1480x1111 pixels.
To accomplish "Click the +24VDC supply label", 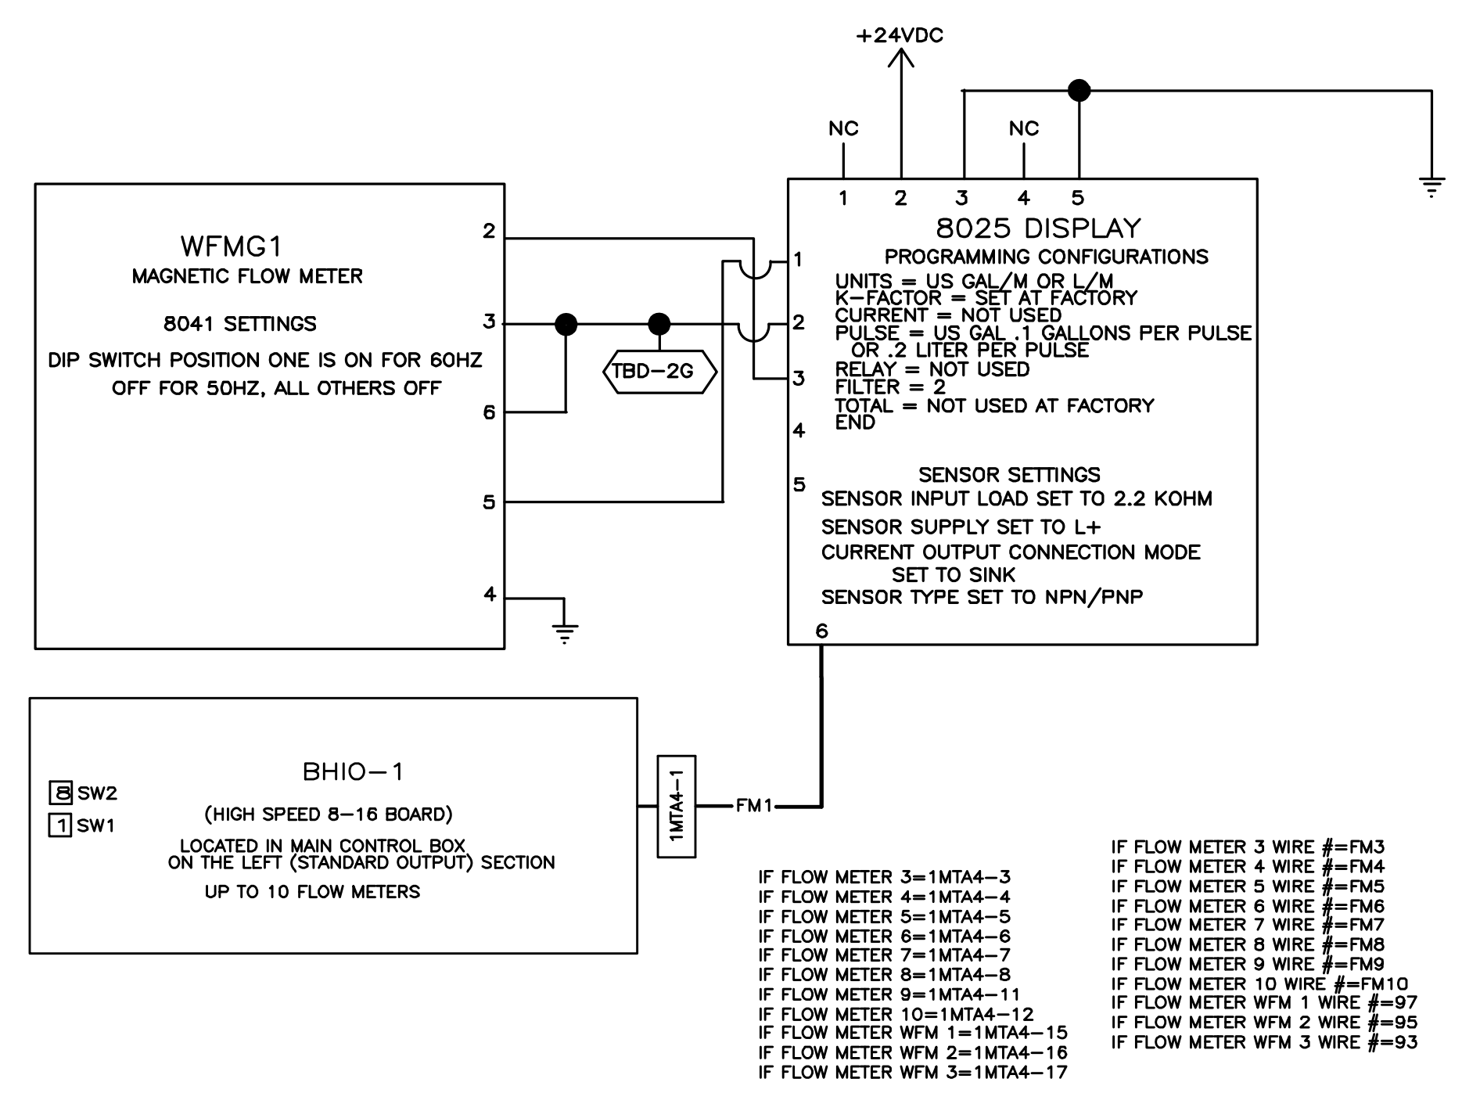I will [900, 36].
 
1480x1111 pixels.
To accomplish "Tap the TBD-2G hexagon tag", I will [659, 371].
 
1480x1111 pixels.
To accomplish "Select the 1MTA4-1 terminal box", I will [677, 806].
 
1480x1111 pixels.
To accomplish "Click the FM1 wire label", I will [754, 805].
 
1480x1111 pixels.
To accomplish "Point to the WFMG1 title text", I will [231, 246].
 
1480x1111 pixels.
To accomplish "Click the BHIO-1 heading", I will [353, 772].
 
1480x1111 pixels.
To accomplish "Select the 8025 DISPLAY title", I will [1038, 228].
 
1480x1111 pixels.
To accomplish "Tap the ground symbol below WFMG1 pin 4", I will [564, 632].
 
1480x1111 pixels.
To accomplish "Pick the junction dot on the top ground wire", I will [1079, 91].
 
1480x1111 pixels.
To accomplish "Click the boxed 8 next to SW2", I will [60, 793].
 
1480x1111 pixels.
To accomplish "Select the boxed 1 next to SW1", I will [60, 825].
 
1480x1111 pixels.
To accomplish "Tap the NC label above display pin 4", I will [1023, 128].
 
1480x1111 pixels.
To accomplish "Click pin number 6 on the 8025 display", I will [821, 631].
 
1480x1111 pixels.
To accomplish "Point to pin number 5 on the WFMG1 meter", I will [489, 502].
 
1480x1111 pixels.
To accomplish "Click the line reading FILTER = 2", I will [889, 387].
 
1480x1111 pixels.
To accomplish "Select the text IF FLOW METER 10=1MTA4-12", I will [896, 1014].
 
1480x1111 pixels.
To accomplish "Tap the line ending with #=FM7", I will [1247, 926].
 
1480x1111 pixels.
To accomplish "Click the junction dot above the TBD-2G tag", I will [659, 323].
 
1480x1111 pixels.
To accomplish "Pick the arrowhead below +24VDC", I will [901, 59].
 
